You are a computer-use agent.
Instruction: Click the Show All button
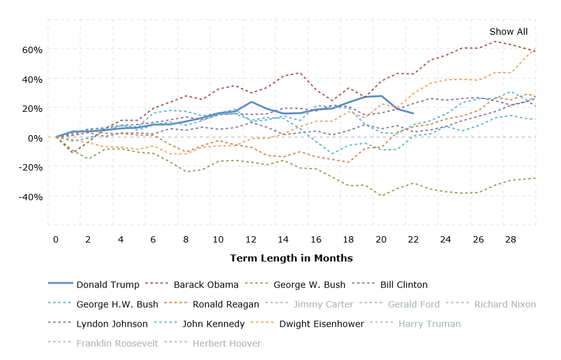[508, 32]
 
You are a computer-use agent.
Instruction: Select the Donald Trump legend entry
[107, 285]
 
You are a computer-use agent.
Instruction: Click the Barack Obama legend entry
[206, 285]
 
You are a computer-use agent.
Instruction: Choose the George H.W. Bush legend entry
[117, 304]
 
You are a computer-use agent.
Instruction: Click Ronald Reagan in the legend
[226, 304]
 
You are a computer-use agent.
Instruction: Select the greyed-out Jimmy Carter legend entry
[323, 304]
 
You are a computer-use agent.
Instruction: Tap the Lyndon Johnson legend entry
[112, 324]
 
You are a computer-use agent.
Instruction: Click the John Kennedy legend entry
[213, 324]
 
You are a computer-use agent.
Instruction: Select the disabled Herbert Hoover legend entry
[226, 344]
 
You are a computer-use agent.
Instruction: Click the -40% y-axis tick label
[32, 196]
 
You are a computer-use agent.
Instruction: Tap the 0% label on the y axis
[35, 138]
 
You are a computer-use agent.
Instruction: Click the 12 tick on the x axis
[251, 239]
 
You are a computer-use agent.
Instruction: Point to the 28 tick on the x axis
[510, 239]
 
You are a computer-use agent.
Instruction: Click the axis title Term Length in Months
[291, 258]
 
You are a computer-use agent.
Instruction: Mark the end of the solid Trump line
[413, 114]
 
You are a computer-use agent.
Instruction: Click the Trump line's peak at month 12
[251, 102]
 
